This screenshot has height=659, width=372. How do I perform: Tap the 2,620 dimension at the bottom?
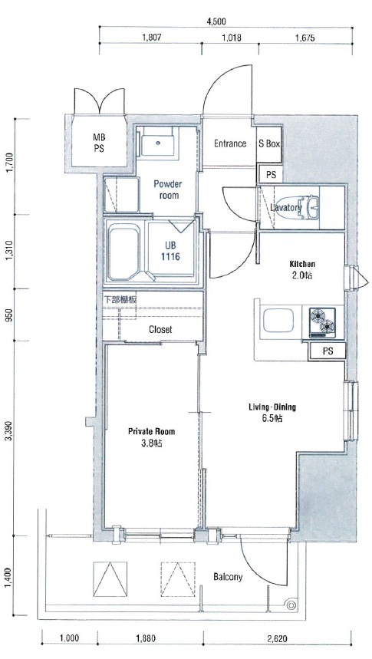point(278,639)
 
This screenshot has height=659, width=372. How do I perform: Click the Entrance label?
point(230,143)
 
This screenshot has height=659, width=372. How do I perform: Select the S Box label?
point(269,143)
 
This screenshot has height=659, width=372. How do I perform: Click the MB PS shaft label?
point(99,143)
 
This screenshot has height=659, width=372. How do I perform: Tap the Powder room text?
point(168,189)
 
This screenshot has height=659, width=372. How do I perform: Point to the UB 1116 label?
point(170,252)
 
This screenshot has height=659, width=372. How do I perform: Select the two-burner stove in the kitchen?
point(322,323)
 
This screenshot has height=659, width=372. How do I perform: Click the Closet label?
point(160,330)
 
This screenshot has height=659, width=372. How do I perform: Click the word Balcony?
point(228,577)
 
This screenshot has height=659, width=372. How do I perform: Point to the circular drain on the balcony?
point(290,605)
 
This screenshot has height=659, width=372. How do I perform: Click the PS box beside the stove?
point(328,351)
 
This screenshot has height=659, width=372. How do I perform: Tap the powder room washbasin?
point(158,143)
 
